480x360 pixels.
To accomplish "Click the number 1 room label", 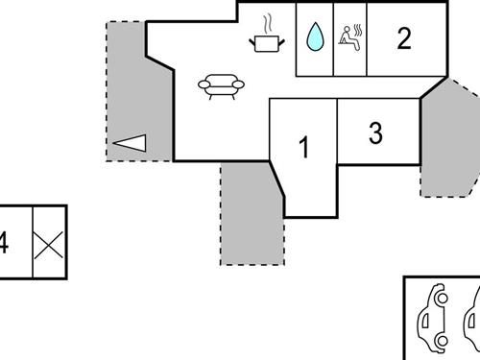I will [x=304, y=149].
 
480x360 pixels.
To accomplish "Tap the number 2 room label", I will [x=404, y=38].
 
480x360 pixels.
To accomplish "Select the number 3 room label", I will [x=375, y=133].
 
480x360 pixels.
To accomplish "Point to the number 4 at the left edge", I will [x=4, y=243].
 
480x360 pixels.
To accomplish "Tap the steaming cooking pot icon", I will [x=267, y=41].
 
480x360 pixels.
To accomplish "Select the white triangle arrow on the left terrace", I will [x=130, y=143].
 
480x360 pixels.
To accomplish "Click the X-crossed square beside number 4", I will [x=49, y=242].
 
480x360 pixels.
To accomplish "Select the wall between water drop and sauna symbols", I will [x=333, y=38].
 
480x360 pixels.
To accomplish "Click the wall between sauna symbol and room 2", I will [x=369, y=38].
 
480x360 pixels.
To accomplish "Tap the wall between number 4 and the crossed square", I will [x=33, y=242].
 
